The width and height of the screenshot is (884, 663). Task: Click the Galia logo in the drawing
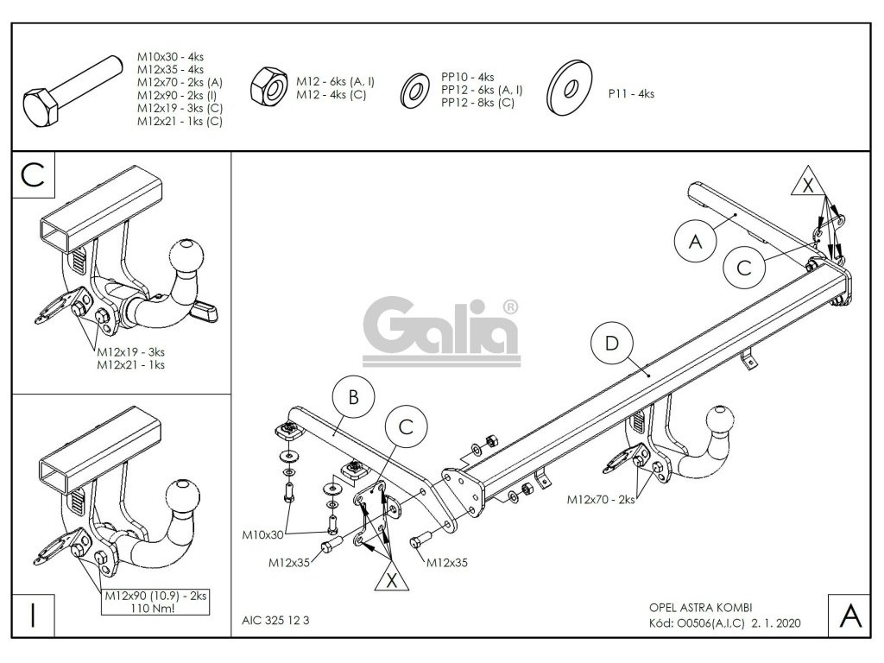point(446,327)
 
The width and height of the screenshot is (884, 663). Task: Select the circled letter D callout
point(611,344)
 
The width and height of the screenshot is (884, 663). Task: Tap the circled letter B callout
point(352,398)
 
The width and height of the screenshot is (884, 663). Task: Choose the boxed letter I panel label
point(33,616)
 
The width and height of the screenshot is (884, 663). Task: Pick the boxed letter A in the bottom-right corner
point(849,616)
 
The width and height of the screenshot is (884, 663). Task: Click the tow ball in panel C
point(186,256)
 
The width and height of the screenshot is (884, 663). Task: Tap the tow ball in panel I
point(182,496)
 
